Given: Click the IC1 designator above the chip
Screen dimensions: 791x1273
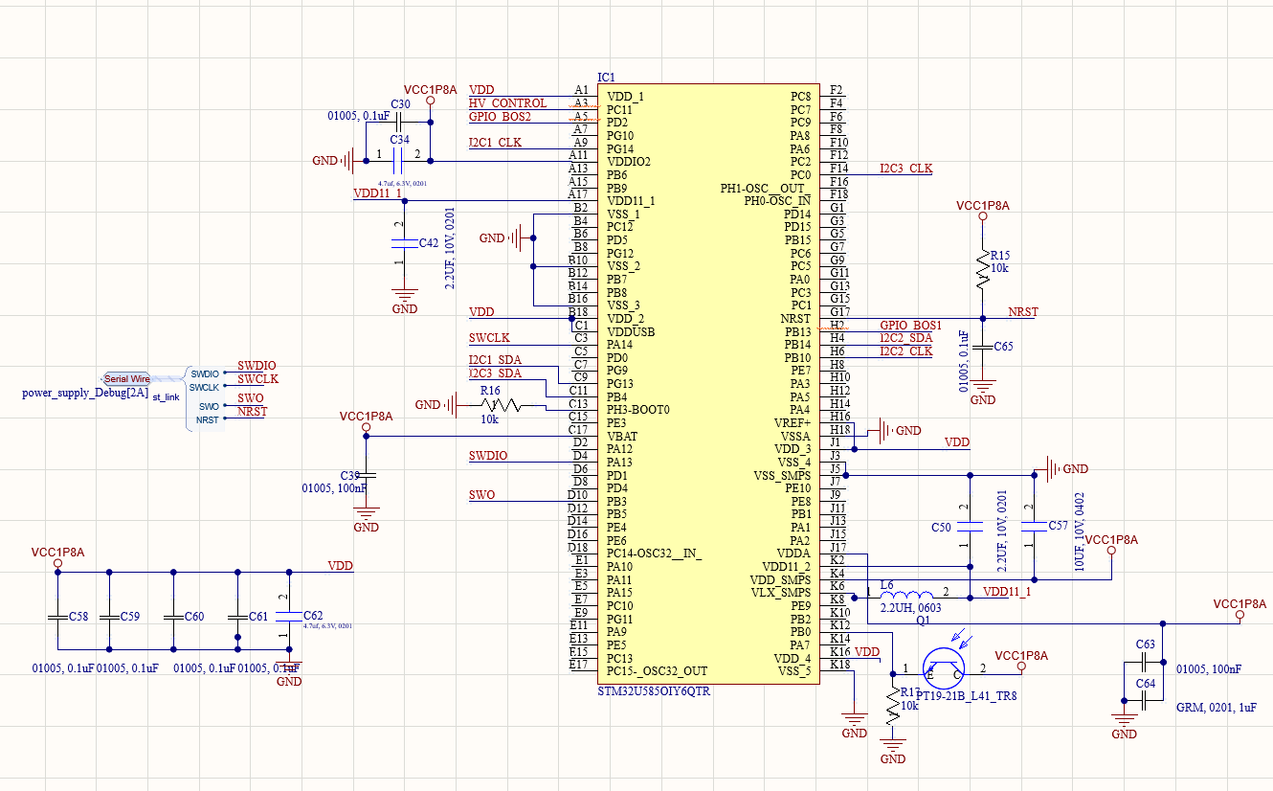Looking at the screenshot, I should tap(606, 77).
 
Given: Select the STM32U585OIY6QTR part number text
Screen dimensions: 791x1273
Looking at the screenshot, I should tap(654, 690).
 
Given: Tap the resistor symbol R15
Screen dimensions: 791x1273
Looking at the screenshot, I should tap(982, 269).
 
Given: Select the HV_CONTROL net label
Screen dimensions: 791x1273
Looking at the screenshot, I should tap(507, 103).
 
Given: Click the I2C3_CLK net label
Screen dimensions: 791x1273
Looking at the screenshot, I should tap(905, 169).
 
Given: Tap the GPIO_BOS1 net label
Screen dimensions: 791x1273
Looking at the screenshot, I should tap(910, 326).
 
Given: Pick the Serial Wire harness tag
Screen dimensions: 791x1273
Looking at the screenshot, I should tap(127, 379).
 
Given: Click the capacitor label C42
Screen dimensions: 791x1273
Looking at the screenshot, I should tap(429, 243).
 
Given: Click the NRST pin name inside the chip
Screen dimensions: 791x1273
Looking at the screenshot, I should tap(794, 319).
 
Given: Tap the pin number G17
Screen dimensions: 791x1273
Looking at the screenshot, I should tap(839, 312).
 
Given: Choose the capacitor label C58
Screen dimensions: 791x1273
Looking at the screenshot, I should tap(78, 617).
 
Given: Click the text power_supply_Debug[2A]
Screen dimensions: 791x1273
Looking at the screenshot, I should tap(84, 394).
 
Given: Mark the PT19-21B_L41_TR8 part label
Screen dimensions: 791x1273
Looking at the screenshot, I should tap(966, 696).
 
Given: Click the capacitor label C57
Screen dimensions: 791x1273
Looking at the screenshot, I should tap(1058, 526).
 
